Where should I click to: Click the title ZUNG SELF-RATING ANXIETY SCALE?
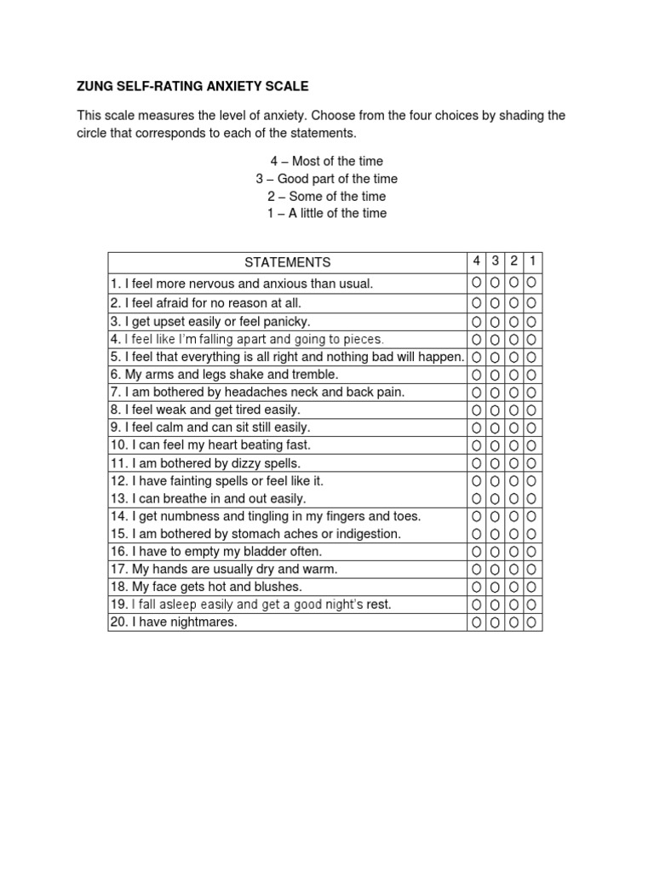[x=192, y=86]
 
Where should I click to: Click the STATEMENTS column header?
[x=287, y=262]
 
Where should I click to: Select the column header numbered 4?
[x=476, y=261]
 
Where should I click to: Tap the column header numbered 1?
[x=532, y=261]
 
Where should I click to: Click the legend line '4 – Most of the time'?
[x=327, y=161]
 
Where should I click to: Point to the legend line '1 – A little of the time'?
[x=327, y=213]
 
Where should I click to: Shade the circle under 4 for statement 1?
[x=476, y=283]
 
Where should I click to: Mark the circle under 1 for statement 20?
[x=532, y=622]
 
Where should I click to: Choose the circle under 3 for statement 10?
[x=495, y=445]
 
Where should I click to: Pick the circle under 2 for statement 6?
[x=513, y=375]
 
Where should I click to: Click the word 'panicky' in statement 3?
[x=288, y=321]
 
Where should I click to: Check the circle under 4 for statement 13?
[x=476, y=498]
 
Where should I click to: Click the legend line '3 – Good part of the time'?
[x=327, y=179]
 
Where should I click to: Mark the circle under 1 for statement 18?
[x=532, y=587]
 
